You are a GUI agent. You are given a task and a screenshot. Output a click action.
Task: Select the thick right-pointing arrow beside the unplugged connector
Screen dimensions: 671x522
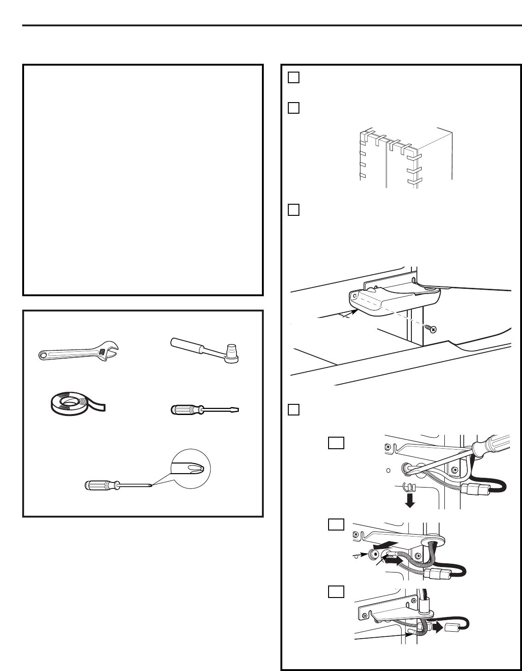436,627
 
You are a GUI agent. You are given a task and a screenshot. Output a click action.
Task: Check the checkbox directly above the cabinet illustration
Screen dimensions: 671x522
293,108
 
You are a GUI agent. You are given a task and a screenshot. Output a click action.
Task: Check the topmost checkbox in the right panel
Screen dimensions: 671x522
293,78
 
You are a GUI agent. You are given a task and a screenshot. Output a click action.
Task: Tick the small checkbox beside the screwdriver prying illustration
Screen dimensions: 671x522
336,443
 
